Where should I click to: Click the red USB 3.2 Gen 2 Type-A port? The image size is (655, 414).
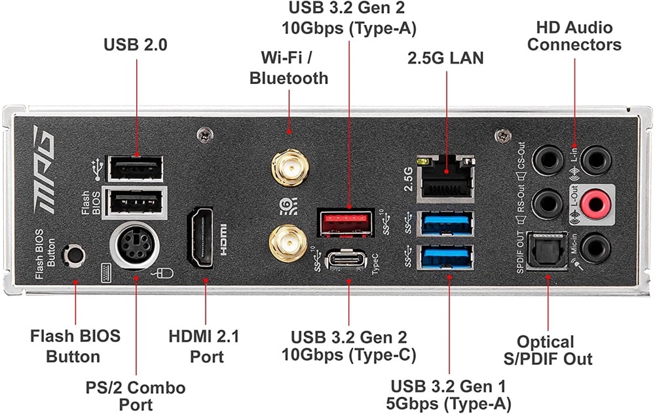346,223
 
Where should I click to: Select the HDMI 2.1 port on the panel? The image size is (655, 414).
200,237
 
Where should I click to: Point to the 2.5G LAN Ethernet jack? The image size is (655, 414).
446,176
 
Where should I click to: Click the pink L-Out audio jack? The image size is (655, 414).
595,204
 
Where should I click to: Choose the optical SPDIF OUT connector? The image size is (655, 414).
547,251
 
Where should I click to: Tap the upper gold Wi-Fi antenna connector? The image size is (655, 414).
290,167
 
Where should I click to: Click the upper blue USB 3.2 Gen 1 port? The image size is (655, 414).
446,224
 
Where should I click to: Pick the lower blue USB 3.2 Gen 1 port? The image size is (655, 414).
446,257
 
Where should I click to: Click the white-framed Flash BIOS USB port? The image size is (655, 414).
134,202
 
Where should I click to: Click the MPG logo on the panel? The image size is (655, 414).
43,169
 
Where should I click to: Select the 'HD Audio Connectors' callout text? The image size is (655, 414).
574,36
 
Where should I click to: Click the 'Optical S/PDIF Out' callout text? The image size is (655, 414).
547,350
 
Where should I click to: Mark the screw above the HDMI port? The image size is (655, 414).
204,135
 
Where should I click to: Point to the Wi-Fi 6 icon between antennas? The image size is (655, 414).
289,206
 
